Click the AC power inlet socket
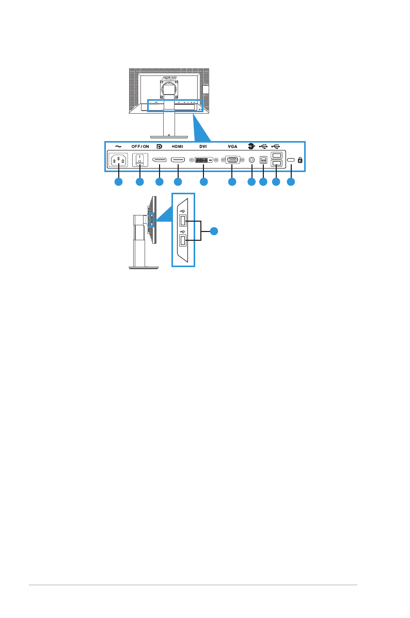118,161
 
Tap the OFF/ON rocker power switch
139,161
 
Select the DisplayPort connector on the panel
159,161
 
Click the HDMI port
178,161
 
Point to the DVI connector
203,161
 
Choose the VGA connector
232,161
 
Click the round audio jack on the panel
251,161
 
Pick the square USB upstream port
263,161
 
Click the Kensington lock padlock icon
301,161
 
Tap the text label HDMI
177,146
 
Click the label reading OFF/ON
139,146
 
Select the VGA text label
232,146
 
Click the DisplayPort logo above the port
159,146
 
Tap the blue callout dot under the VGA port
232,182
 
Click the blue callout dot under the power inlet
118,182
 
